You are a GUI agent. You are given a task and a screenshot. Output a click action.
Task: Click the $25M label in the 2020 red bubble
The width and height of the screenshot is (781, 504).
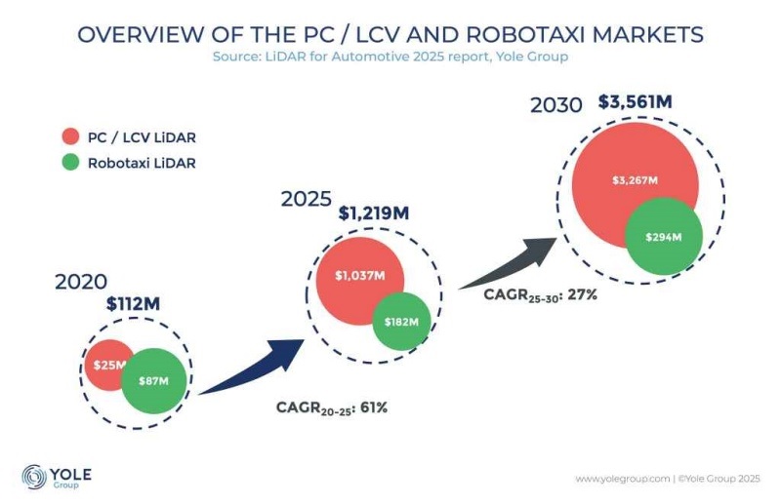point(109,366)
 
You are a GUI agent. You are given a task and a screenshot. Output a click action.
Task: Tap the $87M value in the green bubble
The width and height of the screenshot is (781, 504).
point(153,381)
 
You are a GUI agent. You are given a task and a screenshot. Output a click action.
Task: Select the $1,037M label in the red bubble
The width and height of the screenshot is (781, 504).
point(359,276)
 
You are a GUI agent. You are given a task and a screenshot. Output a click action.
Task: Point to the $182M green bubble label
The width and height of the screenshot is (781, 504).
point(401,322)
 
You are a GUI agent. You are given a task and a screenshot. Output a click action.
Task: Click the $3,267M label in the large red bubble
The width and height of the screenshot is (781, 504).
point(636,180)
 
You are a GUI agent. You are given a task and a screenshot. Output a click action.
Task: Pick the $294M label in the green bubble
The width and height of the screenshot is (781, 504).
point(664,237)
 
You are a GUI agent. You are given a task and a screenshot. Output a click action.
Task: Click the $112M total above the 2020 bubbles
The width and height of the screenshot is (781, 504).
point(133,303)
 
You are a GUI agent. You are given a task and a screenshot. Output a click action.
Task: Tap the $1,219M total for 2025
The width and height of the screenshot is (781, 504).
point(374,213)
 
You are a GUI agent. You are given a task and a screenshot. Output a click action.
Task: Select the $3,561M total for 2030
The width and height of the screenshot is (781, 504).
point(636,102)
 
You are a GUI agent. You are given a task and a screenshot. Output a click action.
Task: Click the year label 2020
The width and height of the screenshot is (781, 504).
point(81,282)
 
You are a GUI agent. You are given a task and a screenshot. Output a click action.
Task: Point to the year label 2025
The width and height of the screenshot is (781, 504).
point(307,199)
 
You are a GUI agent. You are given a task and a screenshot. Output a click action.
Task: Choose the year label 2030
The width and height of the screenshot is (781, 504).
point(555,105)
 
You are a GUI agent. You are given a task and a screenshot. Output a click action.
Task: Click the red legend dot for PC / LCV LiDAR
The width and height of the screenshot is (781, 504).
point(70,136)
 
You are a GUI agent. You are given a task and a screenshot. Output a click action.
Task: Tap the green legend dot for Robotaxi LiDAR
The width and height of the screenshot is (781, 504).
point(70,162)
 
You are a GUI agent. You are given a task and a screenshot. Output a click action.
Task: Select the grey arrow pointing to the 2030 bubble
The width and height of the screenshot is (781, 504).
point(508,264)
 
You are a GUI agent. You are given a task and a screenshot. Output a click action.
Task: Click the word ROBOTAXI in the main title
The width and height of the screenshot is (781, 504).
point(525,34)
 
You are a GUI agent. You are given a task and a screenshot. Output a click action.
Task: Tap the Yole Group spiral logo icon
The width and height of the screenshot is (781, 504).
point(34,477)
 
